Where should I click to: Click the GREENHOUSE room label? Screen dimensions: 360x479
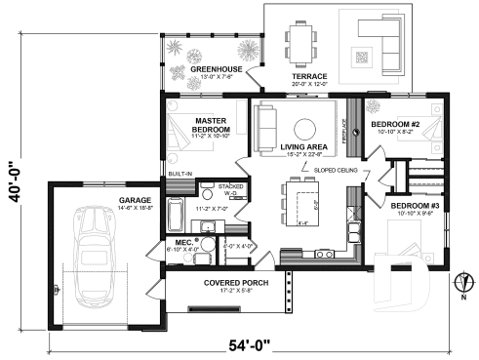click(x=208, y=69)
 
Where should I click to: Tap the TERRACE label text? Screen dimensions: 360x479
click(x=309, y=75)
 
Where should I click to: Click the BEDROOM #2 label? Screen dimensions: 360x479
click(x=394, y=124)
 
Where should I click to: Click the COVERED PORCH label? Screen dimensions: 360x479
click(x=231, y=283)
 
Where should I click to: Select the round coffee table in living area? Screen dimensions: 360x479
click(x=305, y=127)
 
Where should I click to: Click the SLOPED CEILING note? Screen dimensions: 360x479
click(x=336, y=170)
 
